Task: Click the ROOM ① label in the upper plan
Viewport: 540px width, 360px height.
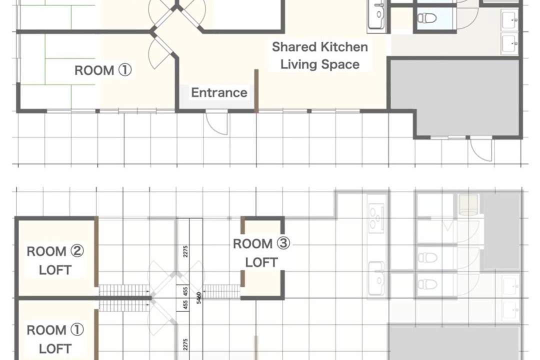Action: click(103, 70)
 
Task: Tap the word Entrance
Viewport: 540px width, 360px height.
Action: click(219, 92)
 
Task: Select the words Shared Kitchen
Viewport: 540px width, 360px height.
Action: click(320, 47)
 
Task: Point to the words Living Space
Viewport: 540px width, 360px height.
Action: click(320, 64)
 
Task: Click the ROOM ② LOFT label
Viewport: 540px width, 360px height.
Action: click(55, 260)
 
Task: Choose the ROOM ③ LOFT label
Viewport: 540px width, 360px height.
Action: click(261, 253)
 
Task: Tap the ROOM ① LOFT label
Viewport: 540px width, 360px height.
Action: click(55, 339)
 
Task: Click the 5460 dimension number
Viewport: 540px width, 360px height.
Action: click(198, 297)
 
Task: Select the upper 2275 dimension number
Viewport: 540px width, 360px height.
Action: click(185, 251)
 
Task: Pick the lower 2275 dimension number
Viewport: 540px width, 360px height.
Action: click(185, 344)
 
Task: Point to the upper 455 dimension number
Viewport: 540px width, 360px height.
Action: click(185, 291)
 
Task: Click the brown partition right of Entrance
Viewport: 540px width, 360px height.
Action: click(256, 91)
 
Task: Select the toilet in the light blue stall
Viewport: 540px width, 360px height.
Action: click(427, 17)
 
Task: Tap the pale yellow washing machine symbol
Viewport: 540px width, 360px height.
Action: click(468, 204)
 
